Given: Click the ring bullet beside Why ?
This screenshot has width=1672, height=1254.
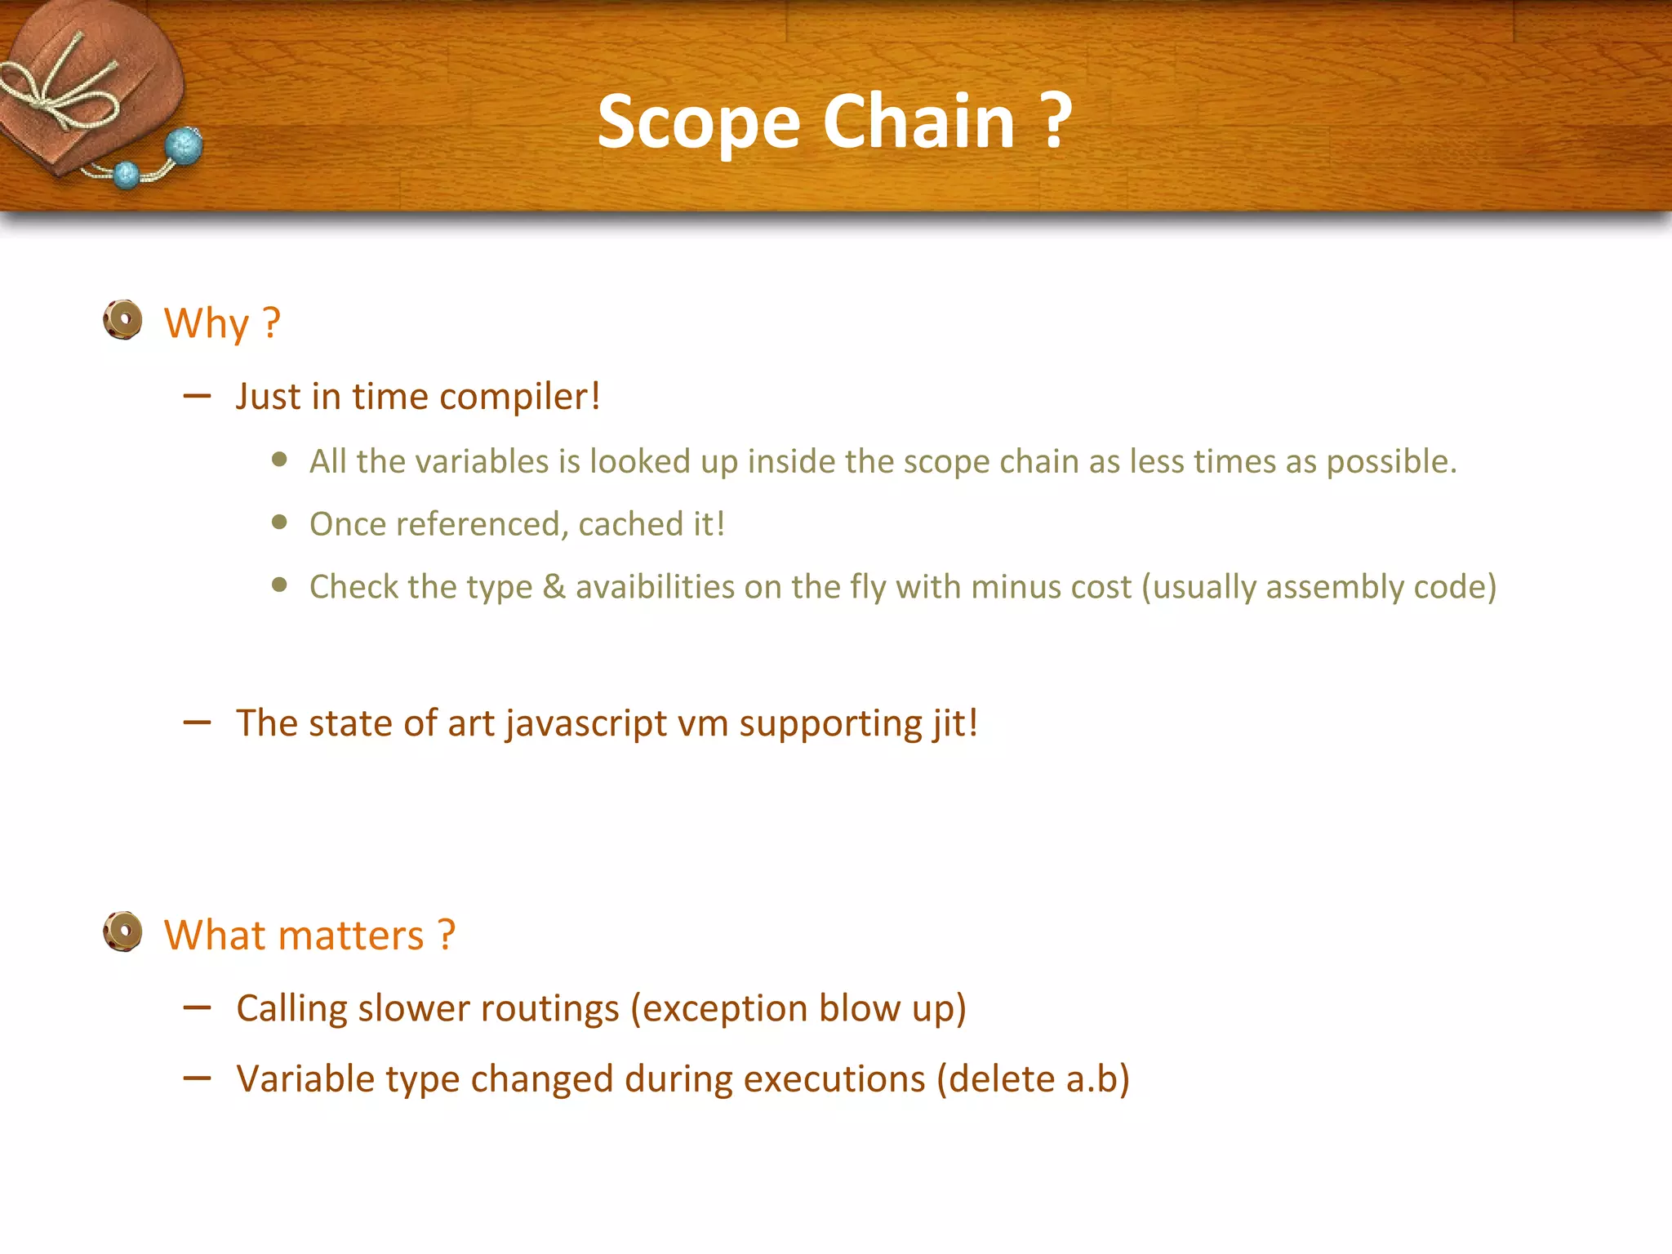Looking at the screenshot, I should click(123, 319).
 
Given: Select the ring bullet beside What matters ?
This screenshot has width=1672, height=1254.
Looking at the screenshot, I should click(123, 932).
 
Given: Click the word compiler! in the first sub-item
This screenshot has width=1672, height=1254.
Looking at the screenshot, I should click(519, 397).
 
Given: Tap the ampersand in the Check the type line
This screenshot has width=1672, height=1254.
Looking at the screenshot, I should click(554, 587).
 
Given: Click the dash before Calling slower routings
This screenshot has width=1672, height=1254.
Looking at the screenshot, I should click(197, 1008).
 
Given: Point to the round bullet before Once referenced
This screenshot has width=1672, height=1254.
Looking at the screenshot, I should click(280, 522).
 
